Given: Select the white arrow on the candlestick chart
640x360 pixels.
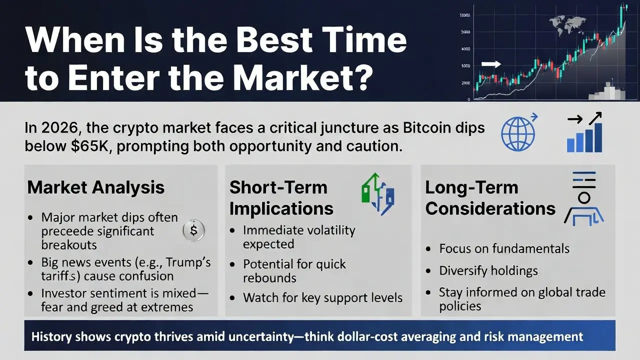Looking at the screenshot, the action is [x=491, y=64].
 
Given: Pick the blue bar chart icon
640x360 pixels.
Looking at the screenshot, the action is [x=584, y=132].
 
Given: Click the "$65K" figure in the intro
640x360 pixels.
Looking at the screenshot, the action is [x=89, y=146].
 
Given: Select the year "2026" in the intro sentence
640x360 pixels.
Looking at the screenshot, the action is [x=59, y=127].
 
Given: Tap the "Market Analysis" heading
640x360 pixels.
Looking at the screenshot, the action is [x=95, y=187].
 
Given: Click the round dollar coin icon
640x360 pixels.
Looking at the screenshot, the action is [x=193, y=230].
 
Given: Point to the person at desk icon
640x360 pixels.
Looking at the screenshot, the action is [x=583, y=199].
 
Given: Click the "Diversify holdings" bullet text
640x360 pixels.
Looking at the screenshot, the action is [x=488, y=270].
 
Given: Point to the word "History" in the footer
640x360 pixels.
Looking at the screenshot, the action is [x=51, y=336].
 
